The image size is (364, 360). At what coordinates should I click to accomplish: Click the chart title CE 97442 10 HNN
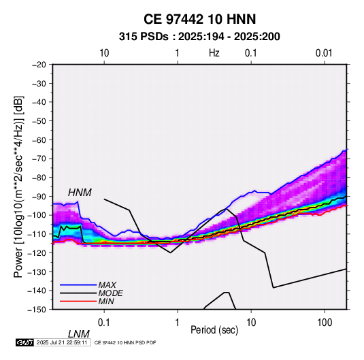pyautogui.click(x=199, y=19)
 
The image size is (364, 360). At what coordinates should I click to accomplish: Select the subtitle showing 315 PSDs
pyautogui.click(x=199, y=37)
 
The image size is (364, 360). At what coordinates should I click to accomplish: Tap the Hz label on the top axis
pyautogui.click(x=214, y=53)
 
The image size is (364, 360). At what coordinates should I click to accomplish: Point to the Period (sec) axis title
pyautogui.click(x=214, y=330)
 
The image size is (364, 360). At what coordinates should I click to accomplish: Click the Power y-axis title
pyautogui.click(x=18, y=187)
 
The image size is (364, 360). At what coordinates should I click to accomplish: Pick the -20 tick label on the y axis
pyautogui.click(x=39, y=65)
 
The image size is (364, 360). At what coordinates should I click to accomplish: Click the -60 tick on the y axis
pyautogui.click(x=39, y=140)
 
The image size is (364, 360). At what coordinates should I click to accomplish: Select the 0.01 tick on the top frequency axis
pyautogui.click(x=324, y=53)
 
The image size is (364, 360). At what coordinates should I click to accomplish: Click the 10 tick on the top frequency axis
pyautogui.click(x=104, y=53)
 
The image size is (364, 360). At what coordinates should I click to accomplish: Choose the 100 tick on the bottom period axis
pyautogui.click(x=325, y=323)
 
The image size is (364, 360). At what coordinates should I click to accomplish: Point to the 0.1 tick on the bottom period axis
pyautogui.click(x=104, y=323)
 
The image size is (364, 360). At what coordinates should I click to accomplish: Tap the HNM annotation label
pyautogui.click(x=80, y=193)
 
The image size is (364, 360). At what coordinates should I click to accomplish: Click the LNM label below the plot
pyautogui.click(x=78, y=334)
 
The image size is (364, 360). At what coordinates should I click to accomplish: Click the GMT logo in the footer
pyautogui.click(x=25, y=342)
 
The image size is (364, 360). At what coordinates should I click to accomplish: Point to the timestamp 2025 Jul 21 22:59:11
pyautogui.click(x=62, y=342)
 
